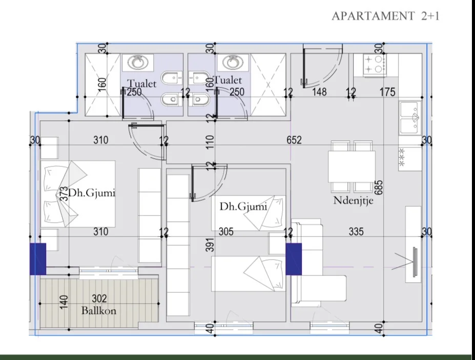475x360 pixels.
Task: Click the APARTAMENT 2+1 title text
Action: pyautogui.click(x=385, y=16)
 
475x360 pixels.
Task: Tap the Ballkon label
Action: pyautogui.click(x=99, y=310)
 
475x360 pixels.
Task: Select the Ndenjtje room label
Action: pyautogui.click(x=353, y=200)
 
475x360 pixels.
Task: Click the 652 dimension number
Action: pyautogui.click(x=294, y=140)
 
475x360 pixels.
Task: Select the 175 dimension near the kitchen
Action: pyautogui.click(x=388, y=92)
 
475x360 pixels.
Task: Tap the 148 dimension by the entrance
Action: pyautogui.click(x=320, y=92)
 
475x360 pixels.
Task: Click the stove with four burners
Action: pyautogui.click(x=375, y=64)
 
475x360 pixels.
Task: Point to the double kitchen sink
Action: pyautogui.click(x=410, y=118)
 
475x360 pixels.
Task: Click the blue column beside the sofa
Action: pyautogui.click(x=294, y=259)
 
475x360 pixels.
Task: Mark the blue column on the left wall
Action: pyautogui.click(x=38, y=259)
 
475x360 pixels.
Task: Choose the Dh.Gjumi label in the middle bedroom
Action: pyautogui.click(x=243, y=207)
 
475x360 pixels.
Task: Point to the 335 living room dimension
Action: pyautogui.click(x=356, y=232)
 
